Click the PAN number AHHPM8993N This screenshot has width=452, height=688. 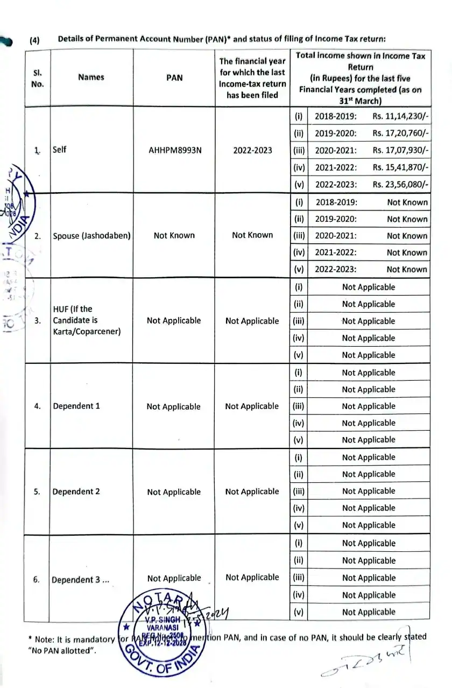click(175, 150)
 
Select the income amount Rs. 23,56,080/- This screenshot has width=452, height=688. click(401, 185)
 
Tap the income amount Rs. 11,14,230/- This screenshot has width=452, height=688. click(401, 116)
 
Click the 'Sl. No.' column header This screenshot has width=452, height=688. click(38, 78)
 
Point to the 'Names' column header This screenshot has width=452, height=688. click(91, 77)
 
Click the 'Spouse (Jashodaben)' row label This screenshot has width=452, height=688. click(92, 236)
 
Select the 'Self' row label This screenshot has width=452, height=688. click(60, 150)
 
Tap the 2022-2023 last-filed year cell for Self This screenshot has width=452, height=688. click(252, 150)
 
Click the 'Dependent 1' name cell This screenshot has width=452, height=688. click(76, 406)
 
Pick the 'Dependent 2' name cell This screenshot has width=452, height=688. click(76, 492)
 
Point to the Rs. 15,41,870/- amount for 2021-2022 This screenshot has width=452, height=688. click(401, 167)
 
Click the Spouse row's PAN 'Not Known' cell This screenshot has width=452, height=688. click(174, 235)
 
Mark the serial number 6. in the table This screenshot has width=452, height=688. click(37, 580)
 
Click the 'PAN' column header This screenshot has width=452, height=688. click(174, 78)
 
